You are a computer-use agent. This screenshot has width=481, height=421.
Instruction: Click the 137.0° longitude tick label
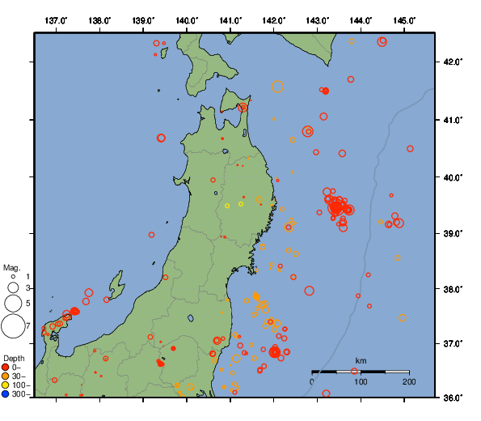56,19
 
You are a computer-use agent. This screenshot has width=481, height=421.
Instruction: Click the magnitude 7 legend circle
13,326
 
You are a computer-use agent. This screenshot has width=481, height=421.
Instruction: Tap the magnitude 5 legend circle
13,304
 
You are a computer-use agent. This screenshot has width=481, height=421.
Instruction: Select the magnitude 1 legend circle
13,278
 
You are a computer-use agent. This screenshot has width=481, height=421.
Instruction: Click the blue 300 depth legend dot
6,395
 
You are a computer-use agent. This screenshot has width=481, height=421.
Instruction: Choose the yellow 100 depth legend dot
6,386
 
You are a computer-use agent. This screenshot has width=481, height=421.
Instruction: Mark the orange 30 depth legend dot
6,376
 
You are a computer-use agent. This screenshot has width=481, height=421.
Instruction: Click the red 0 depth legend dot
6,368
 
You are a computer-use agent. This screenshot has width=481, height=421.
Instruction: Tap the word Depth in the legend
14,358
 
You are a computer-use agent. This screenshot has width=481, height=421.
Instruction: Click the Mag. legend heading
11,267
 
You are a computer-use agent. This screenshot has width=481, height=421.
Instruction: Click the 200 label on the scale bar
408,381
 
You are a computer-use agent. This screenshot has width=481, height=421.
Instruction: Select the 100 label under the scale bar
361,381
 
